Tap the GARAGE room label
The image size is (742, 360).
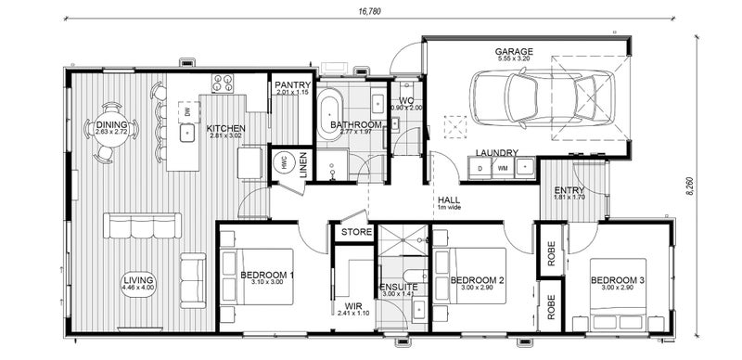512,52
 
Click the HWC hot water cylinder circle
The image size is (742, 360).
284,161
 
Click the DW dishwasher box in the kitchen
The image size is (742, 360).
188,112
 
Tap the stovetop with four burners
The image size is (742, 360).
223,84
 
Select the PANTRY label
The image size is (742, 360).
293,85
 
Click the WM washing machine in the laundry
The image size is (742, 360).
503,168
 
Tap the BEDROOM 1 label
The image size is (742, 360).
267,276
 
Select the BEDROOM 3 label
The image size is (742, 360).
618,280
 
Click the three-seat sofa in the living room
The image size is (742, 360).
142,225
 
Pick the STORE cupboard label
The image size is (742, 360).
356,232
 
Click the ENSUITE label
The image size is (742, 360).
399,288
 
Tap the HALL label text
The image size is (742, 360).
448,199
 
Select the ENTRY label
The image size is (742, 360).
569,189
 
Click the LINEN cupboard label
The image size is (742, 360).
304,163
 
